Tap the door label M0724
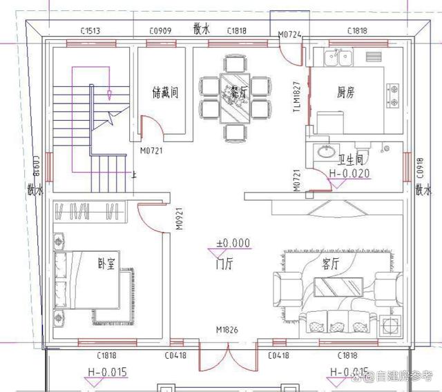(x=290, y=35)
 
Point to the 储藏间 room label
(x=164, y=92)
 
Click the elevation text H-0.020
(x=349, y=173)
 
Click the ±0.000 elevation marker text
(x=233, y=243)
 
